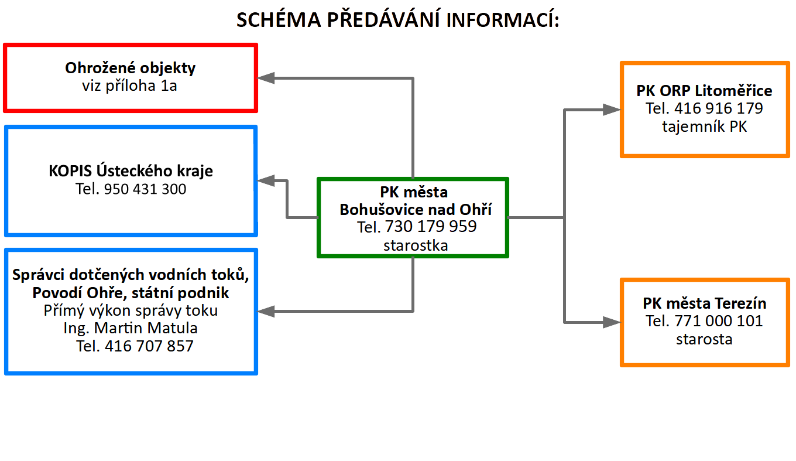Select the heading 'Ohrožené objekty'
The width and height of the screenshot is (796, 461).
(x=130, y=68)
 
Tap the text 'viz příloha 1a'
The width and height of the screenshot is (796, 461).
(x=129, y=86)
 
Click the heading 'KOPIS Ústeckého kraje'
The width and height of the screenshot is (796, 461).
(x=131, y=170)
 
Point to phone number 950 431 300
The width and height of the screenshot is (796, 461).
(x=145, y=189)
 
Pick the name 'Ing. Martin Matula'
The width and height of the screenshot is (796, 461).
(x=131, y=328)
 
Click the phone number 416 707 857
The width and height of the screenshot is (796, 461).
(x=149, y=346)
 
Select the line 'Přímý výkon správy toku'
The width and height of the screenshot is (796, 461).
(x=131, y=310)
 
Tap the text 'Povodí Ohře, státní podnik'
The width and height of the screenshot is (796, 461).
(x=131, y=293)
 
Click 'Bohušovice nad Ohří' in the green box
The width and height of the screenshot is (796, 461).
(x=416, y=210)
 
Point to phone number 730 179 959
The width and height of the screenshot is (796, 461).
(x=431, y=227)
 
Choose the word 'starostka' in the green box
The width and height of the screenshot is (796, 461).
(x=416, y=245)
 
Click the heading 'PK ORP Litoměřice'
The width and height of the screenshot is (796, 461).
(x=704, y=91)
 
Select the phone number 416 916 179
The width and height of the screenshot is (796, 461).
(x=719, y=108)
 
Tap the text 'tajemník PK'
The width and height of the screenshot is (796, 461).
(x=704, y=127)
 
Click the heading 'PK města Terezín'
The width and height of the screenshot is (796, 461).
(x=704, y=303)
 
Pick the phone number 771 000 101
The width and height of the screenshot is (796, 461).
(x=719, y=321)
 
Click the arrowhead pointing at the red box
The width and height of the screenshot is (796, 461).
(x=266, y=78)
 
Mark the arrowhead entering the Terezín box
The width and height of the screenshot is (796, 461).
(x=612, y=322)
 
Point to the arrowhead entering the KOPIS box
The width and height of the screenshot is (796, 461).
(x=266, y=180)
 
